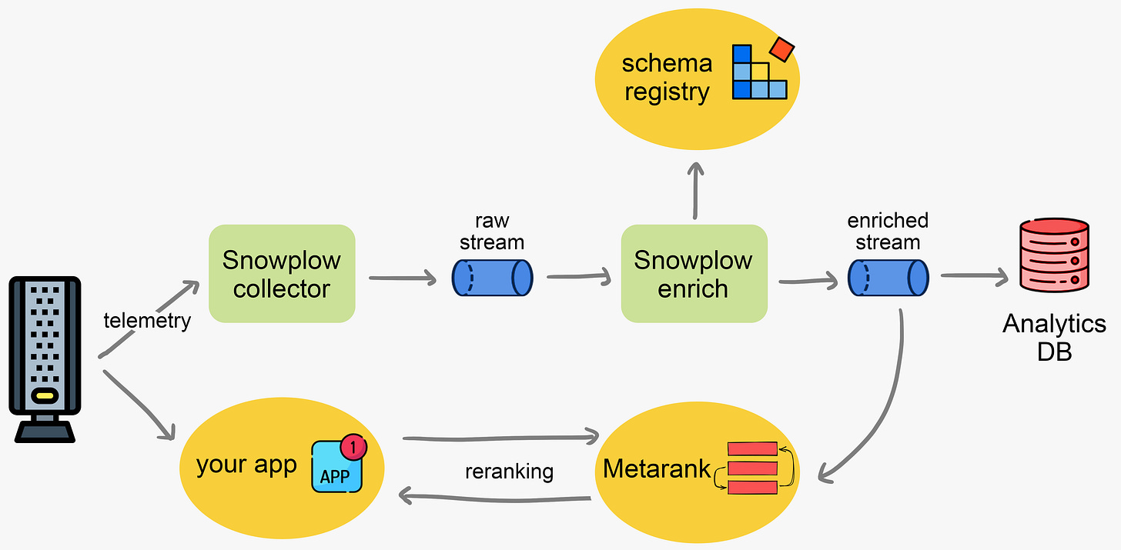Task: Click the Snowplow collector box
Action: [x=282, y=274]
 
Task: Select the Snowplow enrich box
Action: [x=694, y=274]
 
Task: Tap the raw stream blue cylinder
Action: [x=492, y=277]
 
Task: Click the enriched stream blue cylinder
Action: [x=888, y=277]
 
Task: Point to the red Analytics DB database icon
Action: [x=1053, y=256]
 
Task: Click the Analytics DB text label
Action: [x=1054, y=337]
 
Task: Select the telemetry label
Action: [x=147, y=320]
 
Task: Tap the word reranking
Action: [x=509, y=471]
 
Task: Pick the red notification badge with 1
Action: [x=353, y=445]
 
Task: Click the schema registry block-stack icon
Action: [x=759, y=72]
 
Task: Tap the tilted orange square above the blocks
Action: [x=782, y=49]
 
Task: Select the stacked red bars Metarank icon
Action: [x=752, y=468]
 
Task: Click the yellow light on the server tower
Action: [x=45, y=397]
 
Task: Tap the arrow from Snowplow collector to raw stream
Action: [x=402, y=277]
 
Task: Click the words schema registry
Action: [x=667, y=77]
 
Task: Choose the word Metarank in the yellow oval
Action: [x=656, y=468]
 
